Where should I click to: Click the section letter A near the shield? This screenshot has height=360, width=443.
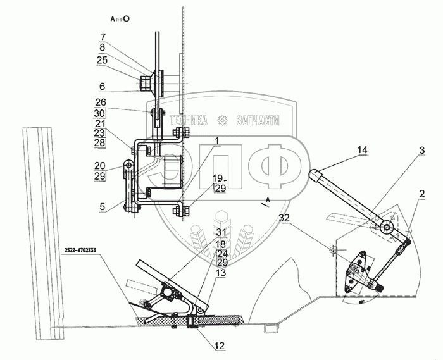click(268, 199)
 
